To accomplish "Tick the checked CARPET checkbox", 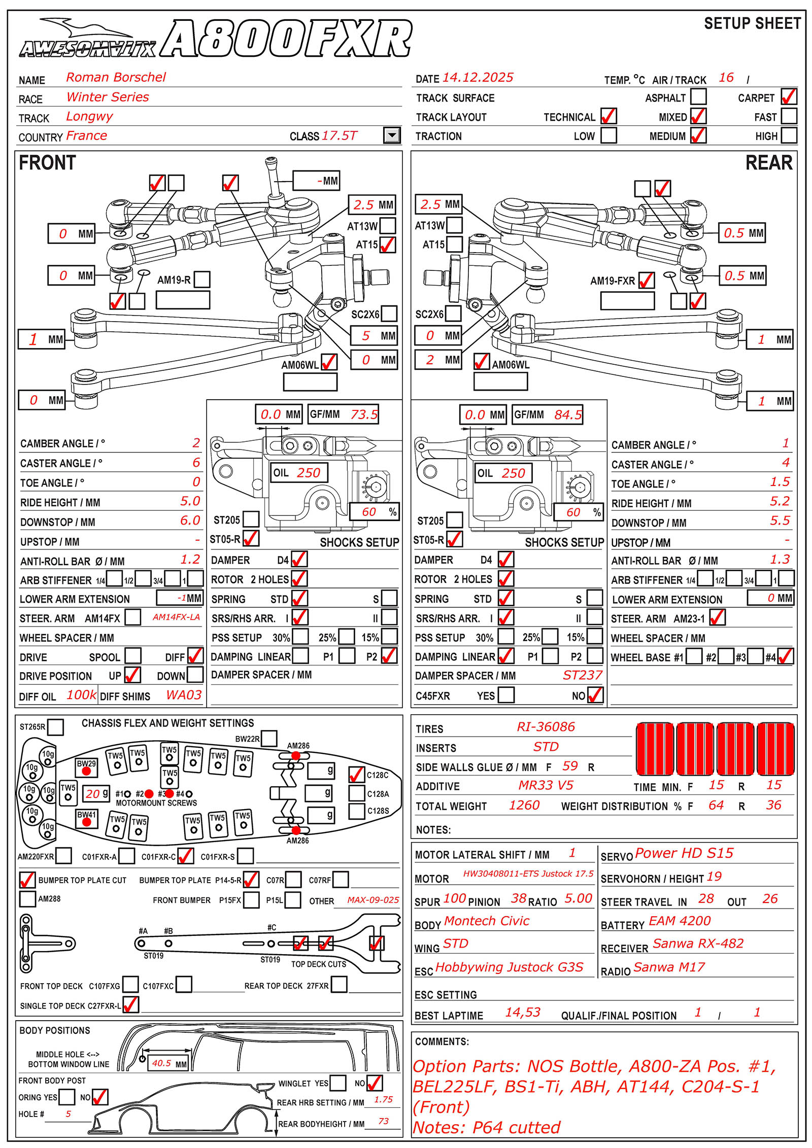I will click(x=789, y=96).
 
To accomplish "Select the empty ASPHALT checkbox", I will click(x=698, y=96).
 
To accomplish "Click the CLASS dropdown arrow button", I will click(x=391, y=135).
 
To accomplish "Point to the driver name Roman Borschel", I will click(x=116, y=77).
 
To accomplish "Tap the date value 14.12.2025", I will click(x=478, y=78).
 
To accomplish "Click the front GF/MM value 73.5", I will click(x=364, y=414).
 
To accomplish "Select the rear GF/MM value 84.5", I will click(x=568, y=414).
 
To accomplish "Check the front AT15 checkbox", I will click(x=388, y=245).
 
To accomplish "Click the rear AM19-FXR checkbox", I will click(x=646, y=280).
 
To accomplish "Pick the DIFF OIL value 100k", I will click(x=81, y=695).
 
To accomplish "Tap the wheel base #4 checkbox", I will click(x=785, y=657).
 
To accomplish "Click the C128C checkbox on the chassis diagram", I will click(x=357, y=775).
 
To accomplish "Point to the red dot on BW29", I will click(x=86, y=771).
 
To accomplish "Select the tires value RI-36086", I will click(x=546, y=727).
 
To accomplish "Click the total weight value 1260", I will click(x=524, y=805).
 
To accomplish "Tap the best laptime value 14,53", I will click(x=523, y=1013).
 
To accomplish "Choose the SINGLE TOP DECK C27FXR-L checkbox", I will click(x=130, y=1004).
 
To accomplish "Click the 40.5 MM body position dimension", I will click(x=162, y=1063).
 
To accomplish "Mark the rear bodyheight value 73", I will click(x=383, y=1121).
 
